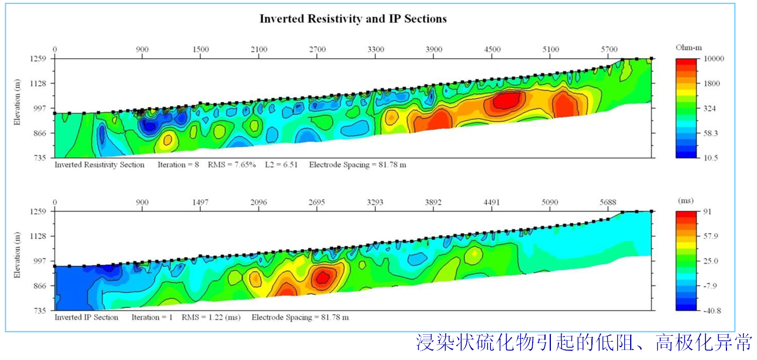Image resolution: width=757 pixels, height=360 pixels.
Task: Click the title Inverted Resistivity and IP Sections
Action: (x=353, y=19)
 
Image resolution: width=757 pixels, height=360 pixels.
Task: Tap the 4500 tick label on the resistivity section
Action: (x=492, y=49)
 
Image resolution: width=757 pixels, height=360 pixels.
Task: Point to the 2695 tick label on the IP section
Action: (x=317, y=202)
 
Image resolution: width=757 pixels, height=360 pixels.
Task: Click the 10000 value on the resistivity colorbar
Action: (x=714, y=59)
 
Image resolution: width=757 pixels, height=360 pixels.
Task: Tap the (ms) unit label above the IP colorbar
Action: (x=685, y=200)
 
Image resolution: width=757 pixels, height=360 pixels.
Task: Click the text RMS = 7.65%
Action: (x=232, y=165)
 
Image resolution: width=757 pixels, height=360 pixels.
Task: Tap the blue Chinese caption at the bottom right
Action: (x=584, y=342)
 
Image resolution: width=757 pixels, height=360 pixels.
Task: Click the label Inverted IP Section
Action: (x=86, y=318)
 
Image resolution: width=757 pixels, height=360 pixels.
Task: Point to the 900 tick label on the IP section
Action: (x=142, y=202)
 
